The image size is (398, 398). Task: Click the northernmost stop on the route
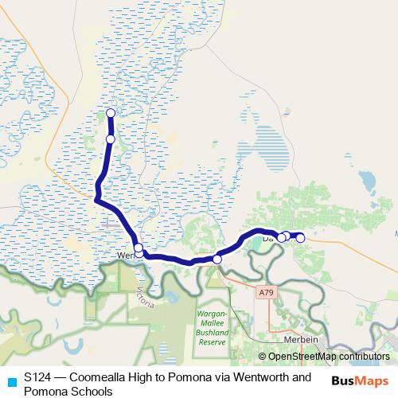coord(111,112)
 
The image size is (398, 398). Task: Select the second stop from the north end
coord(111,139)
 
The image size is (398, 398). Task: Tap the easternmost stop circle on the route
coord(300,237)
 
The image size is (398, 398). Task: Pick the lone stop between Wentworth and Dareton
coord(217,259)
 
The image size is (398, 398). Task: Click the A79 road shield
coord(265,293)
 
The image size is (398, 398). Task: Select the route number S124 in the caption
coord(38,377)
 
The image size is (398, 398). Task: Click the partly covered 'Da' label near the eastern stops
coord(268,238)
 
